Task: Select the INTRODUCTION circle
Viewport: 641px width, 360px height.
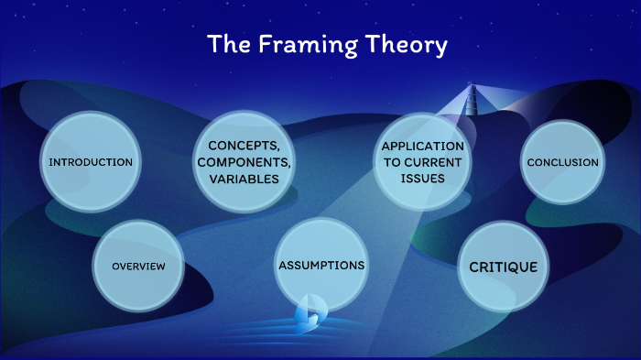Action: [91, 161]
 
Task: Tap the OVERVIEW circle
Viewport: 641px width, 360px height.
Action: [138, 266]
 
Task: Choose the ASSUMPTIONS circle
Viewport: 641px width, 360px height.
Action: [320, 265]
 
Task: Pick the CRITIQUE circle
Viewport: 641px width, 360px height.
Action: [503, 267]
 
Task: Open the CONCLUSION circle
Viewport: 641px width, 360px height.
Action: [562, 162]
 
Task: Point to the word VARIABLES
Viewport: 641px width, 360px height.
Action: [244, 180]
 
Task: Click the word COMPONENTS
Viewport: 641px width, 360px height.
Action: [244, 162]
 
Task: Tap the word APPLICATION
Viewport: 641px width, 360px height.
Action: [423, 146]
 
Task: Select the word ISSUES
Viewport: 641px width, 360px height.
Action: [423, 179]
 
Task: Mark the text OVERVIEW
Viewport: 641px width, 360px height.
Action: [138, 266]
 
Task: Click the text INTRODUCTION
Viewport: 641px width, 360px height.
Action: [91, 162]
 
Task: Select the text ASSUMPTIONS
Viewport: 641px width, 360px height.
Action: [320, 265]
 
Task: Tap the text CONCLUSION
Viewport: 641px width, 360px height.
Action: [562, 162]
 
